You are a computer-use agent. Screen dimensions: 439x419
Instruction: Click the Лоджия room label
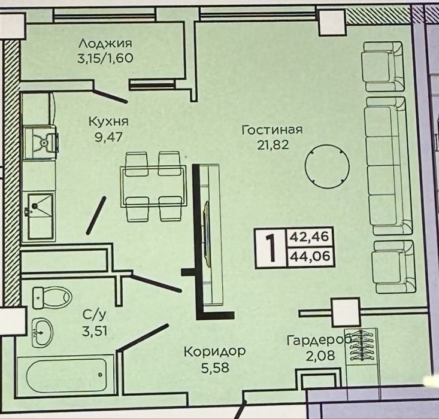[105, 44]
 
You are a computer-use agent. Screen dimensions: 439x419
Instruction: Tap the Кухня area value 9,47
[108, 138]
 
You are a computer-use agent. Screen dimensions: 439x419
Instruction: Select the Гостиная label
[273, 130]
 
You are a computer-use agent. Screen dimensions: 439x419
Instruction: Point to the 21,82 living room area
[273, 145]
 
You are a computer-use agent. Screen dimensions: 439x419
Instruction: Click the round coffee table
[327, 166]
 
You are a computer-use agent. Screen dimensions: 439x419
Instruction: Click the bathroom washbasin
[42, 333]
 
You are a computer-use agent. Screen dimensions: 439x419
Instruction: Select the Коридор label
[214, 351]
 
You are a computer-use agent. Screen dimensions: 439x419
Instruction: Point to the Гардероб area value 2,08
[320, 356]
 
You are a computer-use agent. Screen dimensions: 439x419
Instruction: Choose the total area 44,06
[310, 256]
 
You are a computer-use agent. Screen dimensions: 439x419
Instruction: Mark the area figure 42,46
[309, 237]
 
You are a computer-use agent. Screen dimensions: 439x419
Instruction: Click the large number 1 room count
[271, 248]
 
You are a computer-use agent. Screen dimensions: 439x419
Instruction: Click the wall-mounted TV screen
[207, 233]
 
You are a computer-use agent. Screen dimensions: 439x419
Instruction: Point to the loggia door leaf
[110, 95]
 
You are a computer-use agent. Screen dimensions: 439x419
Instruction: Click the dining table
[153, 187]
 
